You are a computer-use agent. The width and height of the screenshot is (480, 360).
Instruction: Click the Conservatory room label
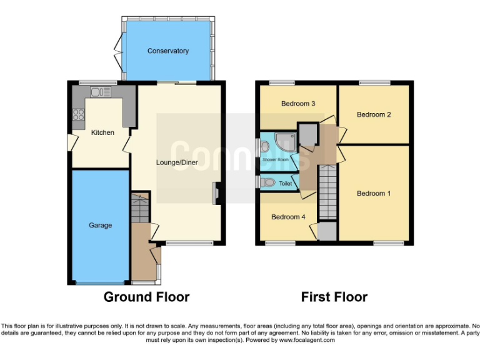coord(168,51)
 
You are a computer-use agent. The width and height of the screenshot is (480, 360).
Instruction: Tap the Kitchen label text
coord(102,132)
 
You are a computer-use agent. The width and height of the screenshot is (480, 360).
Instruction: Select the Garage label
coord(100,225)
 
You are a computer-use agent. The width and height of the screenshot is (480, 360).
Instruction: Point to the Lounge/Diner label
coord(177,162)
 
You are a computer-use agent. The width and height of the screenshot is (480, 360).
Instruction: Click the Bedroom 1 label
coord(374,194)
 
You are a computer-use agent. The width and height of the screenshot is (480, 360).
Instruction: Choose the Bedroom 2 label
coord(374,114)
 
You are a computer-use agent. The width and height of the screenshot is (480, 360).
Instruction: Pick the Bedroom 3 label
coord(297,104)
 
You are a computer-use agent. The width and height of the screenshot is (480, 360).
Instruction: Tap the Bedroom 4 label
coord(288,217)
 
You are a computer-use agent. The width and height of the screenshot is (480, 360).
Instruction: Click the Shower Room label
coord(276,160)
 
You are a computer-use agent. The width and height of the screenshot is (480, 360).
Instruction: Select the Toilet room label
coord(285,184)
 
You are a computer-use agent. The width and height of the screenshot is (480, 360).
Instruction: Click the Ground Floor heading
coord(146,297)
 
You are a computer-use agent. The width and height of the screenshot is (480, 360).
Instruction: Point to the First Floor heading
coord(334,297)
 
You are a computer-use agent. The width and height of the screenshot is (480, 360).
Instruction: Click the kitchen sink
coord(100,92)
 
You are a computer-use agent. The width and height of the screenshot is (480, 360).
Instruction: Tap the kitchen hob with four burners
coord(79,114)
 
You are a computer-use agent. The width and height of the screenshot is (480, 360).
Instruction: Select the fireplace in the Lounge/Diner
coord(216,193)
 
